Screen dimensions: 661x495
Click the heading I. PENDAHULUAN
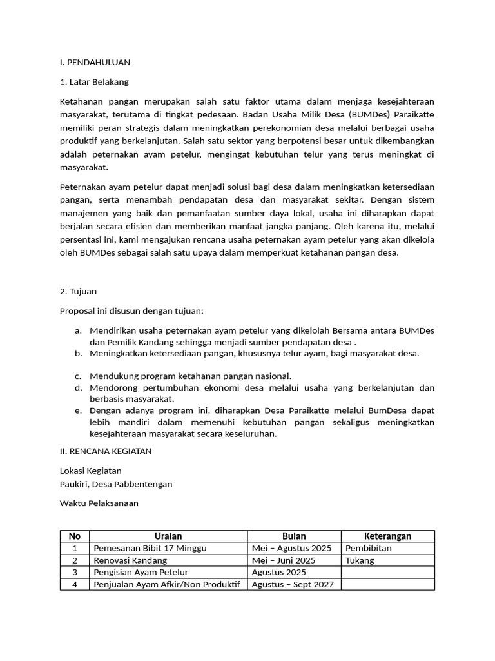coord(95,62)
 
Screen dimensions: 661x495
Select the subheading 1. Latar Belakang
coord(94,82)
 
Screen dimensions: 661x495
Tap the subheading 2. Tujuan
coord(78,291)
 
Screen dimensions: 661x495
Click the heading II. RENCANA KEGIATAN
coord(106,451)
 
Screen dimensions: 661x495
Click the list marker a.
coord(78,330)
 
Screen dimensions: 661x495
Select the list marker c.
coord(78,376)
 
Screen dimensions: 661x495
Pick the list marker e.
coord(78,410)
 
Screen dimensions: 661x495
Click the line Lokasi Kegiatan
coord(90,471)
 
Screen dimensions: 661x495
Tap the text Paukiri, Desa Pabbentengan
coord(116,483)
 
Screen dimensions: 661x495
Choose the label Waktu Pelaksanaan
coord(99,503)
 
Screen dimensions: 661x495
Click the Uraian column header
coord(168,536)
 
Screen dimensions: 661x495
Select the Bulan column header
coord(294,536)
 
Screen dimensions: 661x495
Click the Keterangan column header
coord(387,536)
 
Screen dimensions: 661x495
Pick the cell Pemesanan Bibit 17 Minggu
coord(150,548)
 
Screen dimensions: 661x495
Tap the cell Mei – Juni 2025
coord(284,560)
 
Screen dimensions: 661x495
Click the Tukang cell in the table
coord(360,560)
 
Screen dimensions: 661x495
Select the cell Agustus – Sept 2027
coord(293,584)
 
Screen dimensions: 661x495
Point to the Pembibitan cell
coord(369,548)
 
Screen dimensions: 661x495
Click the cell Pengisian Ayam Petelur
coord(144,572)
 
